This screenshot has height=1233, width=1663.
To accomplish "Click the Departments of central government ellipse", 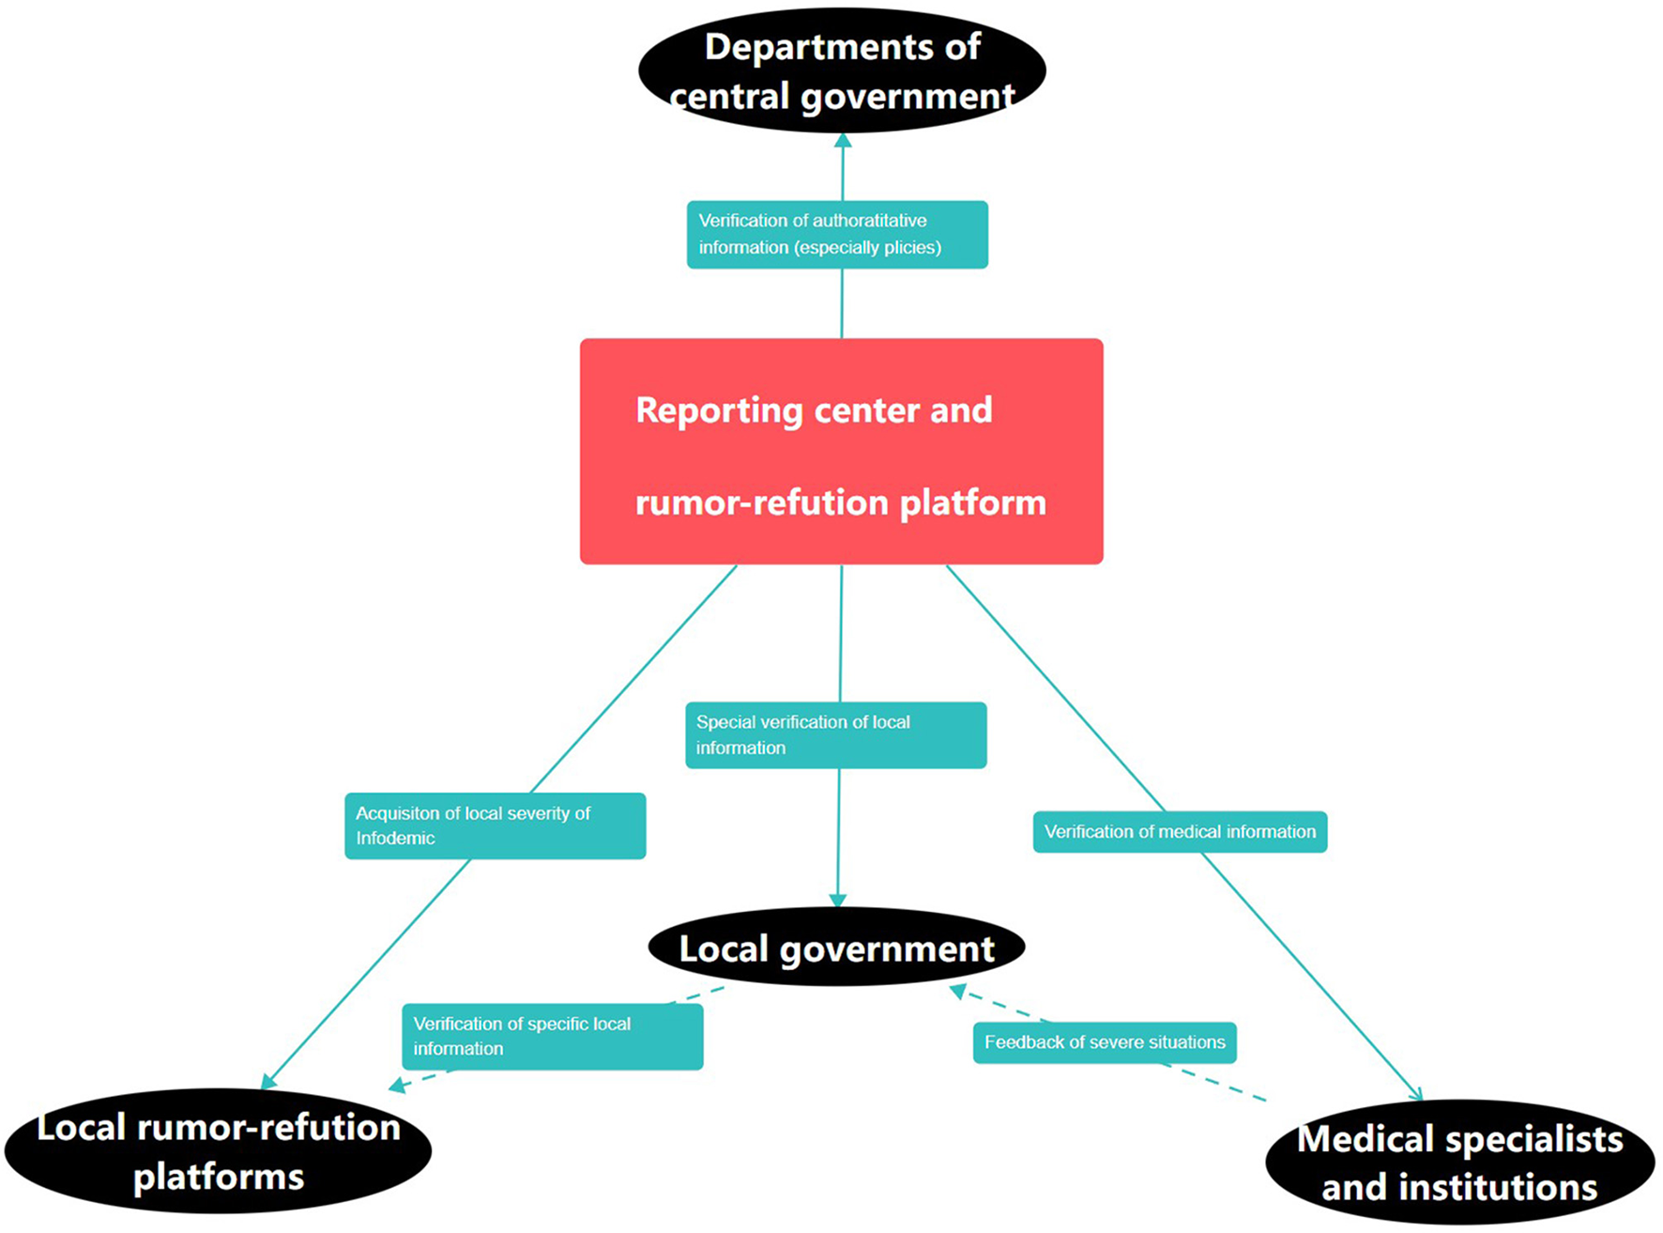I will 842,71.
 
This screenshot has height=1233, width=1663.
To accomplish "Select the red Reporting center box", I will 841,451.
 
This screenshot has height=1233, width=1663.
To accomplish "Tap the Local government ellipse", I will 836,948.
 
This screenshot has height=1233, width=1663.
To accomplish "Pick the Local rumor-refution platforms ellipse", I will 218,1151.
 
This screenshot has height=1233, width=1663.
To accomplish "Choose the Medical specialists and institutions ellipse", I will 1459,1163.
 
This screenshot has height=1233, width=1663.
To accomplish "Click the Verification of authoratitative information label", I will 837,235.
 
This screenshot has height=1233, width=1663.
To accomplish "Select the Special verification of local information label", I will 835,735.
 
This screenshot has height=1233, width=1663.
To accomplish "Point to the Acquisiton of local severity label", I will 495,826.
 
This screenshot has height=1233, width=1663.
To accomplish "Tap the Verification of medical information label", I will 1180,832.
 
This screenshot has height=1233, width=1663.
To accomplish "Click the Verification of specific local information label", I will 552,1037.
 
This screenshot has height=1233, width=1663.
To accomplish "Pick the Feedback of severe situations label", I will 1105,1042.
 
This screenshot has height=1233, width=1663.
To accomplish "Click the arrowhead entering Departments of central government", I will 843,141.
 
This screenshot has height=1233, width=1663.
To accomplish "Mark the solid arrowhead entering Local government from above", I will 838,900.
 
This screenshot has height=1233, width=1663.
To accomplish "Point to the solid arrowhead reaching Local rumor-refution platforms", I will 268,1082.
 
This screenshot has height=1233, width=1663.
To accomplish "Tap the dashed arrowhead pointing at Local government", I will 958,991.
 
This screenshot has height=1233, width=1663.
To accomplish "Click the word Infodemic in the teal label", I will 395,839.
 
